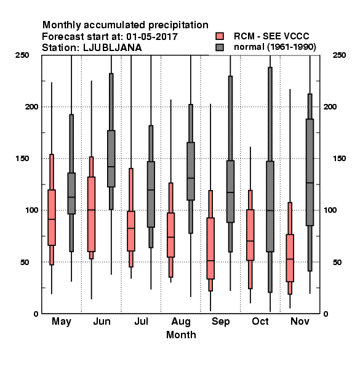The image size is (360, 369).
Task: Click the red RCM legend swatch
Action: pyautogui.click(x=220, y=36)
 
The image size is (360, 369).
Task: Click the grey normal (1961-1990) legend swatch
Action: pyautogui.click(x=220, y=47)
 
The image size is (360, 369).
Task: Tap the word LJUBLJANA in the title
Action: pyautogui.click(x=113, y=48)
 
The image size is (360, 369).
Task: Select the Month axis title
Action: pyautogui.click(x=181, y=335)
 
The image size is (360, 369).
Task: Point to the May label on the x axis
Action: pyautogui.click(x=62, y=322)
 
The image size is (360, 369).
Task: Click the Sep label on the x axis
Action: pyautogui.click(x=220, y=322)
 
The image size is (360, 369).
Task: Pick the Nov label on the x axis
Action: pyautogui.click(x=300, y=321)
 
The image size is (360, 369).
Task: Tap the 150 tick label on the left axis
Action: pyautogui.click(x=22, y=159)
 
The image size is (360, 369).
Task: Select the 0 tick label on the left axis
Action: pyautogui.click(x=36, y=314)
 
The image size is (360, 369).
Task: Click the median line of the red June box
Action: pyautogui.click(x=91, y=210)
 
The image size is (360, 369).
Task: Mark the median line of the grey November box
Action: pyautogui.click(x=310, y=183)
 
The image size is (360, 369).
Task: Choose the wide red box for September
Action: pyautogui.click(x=210, y=248)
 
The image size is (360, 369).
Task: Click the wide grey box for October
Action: pyautogui.click(x=270, y=207)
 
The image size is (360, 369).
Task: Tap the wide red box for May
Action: pyautogui.click(x=52, y=218)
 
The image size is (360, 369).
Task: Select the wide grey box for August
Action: pyautogui.click(x=191, y=171)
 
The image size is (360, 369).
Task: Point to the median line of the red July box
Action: pyautogui.click(x=131, y=228)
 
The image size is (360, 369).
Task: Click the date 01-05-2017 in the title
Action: pyautogui.click(x=152, y=37)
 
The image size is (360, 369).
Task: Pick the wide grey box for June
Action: pyautogui.click(x=111, y=159)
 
